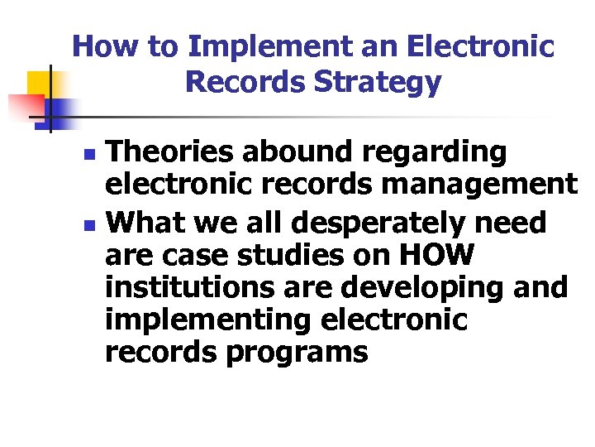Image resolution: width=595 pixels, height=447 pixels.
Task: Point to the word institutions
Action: pyautogui.click(x=186, y=287)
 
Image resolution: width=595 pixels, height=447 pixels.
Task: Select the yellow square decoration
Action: pyautogui.click(x=41, y=84)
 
